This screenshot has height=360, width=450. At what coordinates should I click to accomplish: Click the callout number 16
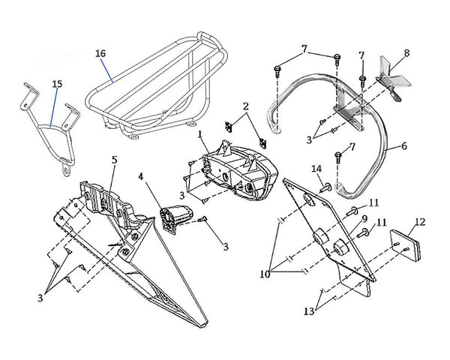click(x=101, y=53)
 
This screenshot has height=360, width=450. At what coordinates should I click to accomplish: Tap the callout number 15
click(x=57, y=85)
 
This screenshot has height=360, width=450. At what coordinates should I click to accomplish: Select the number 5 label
click(x=114, y=160)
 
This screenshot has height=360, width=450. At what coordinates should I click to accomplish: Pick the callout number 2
click(x=245, y=107)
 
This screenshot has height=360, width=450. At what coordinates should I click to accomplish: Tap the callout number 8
click(x=406, y=53)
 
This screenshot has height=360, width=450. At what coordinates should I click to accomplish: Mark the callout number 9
click(x=363, y=218)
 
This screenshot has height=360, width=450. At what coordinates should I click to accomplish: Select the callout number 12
click(x=419, y=222)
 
